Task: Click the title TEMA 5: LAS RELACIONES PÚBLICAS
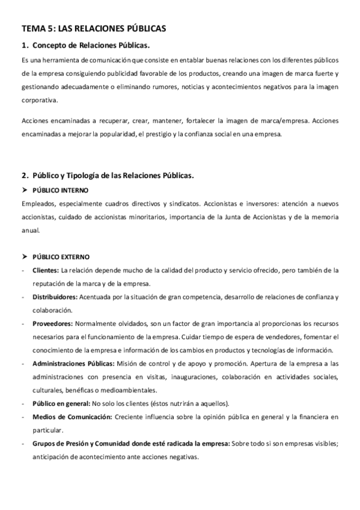(x=93, y=28)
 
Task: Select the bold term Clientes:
(x=46, y=270)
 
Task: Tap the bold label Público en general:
(x=61, y=403)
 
